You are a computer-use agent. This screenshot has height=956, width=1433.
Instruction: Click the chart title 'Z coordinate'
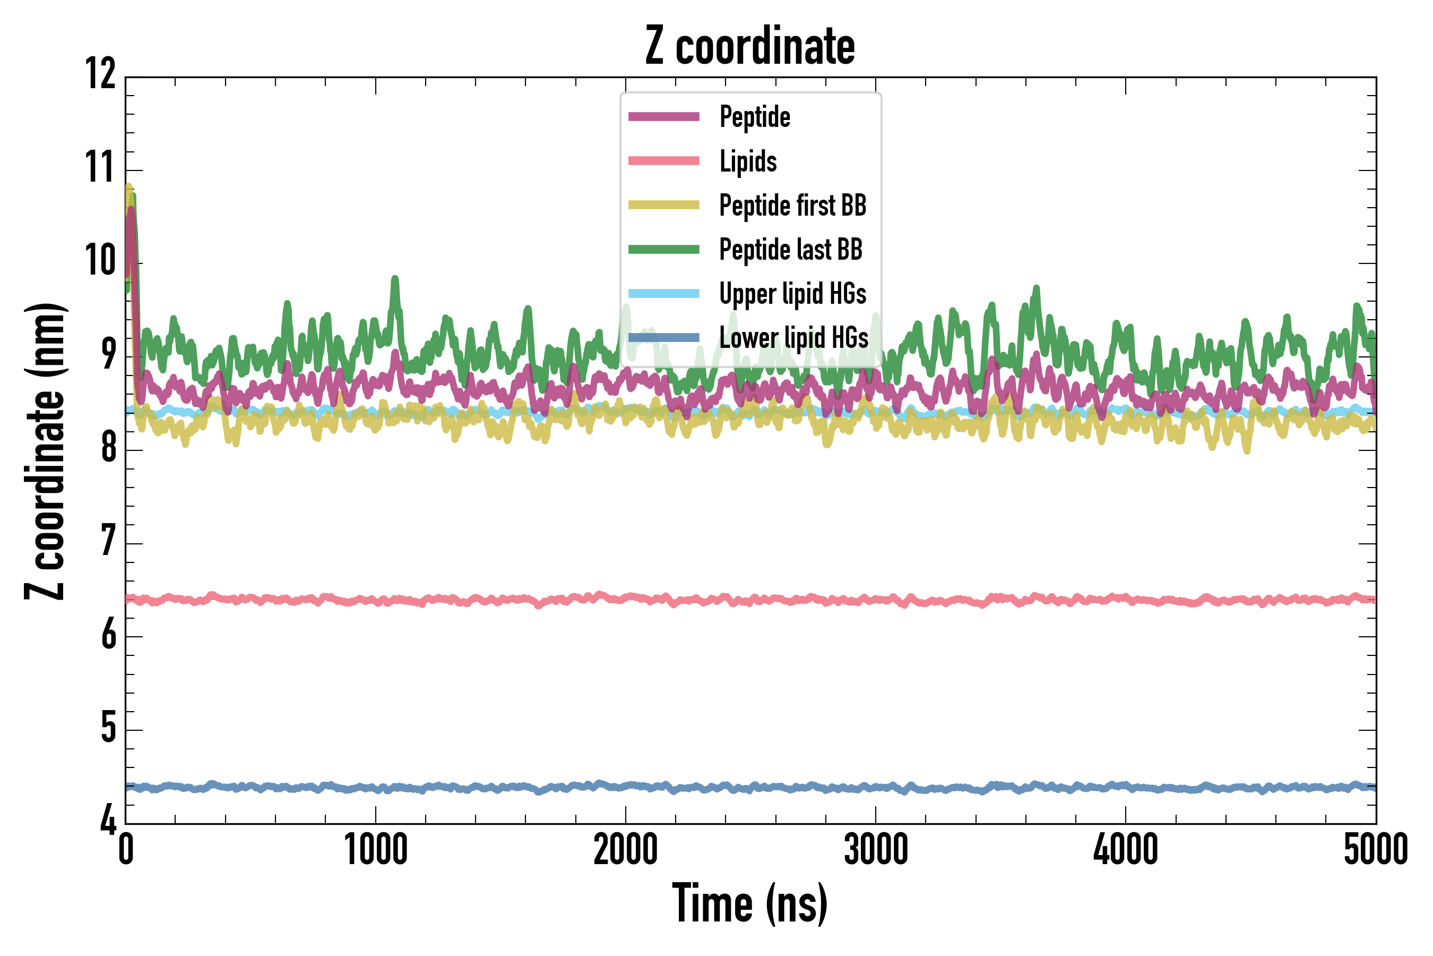click(750, 46)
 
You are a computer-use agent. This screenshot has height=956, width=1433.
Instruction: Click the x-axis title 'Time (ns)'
click(750, 903)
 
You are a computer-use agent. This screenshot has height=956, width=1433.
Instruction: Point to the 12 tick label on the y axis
click(100, 74)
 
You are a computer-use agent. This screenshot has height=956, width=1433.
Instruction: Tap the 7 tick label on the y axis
click(108, 541)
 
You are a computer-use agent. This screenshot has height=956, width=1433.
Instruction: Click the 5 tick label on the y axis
click(108, 728)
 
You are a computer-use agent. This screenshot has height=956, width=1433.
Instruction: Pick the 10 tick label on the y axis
click(100, 261)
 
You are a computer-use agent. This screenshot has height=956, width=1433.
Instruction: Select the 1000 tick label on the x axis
click(376, 849)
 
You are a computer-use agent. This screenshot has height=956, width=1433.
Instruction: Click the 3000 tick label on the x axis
click(876, 849)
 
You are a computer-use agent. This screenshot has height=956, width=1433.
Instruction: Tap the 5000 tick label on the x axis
click(1376, 849)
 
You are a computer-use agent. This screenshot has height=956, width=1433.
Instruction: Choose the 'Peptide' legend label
click(755, 116)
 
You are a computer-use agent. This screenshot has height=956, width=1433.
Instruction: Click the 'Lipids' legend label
click(748, 161)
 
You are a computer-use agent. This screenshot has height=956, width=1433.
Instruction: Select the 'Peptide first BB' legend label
click(792, 206)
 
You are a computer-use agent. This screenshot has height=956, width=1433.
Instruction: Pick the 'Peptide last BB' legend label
click(791, 250)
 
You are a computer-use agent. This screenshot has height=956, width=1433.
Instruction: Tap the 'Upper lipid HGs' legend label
click(792, 294)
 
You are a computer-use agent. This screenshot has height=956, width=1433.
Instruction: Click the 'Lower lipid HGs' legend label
click(794, 338)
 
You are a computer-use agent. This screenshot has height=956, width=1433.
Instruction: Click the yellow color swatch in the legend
click(663, 206)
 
